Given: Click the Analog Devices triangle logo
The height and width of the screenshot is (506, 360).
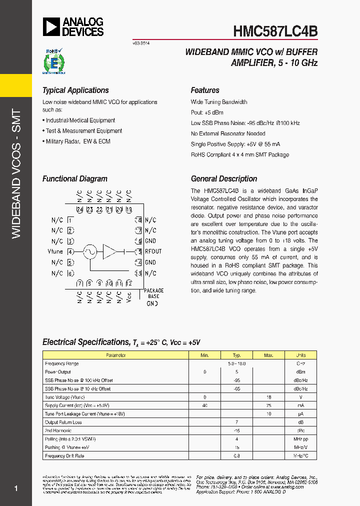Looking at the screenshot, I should pos(51,26).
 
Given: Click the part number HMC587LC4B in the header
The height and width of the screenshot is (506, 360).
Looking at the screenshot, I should pos(275,31).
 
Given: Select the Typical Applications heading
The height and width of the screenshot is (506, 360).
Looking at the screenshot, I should pos(75,90).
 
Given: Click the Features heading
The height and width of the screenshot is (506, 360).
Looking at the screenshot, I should pos(205,90).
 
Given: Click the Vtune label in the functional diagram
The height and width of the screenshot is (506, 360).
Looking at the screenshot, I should pos(55,251).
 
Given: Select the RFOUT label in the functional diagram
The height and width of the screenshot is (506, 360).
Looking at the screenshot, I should pos(153,251).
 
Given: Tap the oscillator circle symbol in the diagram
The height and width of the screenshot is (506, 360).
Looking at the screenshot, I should pos(89,251).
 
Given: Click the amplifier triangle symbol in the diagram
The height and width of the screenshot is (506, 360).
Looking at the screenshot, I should pos(109,251).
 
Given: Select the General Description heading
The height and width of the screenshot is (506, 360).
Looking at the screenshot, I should pos(224,179).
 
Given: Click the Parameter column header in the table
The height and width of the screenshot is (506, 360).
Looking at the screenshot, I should pos(115,355).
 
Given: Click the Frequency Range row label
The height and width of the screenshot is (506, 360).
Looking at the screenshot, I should pos(62,363).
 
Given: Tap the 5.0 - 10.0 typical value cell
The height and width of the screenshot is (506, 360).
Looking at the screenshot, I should pos(236,363).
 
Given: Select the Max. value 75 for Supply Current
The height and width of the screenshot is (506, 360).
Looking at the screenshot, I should pos(268,405).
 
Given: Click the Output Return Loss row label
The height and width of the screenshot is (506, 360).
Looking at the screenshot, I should pos(63,422).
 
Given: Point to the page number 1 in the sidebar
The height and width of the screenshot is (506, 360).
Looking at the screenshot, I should pos(16,488).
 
